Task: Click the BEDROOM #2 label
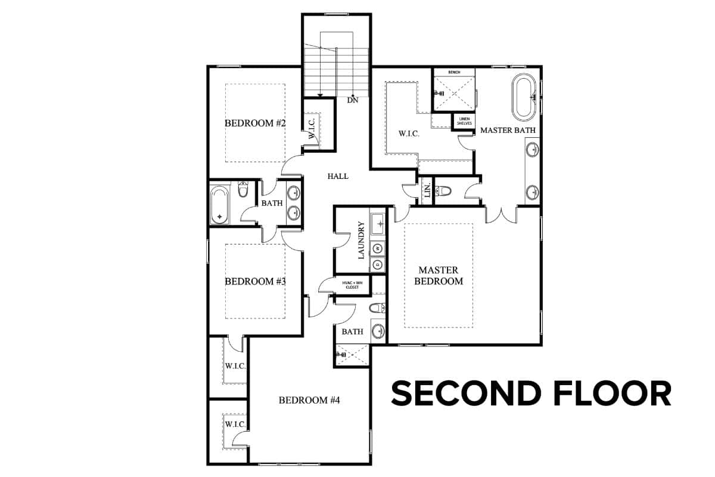(255, 123)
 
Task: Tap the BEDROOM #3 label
(255, 281)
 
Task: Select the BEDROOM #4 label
(309, 400)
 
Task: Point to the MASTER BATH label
(508, 131)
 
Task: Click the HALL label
(338, 176)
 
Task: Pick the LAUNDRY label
(361, 240)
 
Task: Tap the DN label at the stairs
(353, 100)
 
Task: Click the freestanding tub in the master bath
(524, 97)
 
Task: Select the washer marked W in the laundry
(378, 248)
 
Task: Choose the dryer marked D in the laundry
(378, 265)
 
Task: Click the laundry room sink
(378, 224)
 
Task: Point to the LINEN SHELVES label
(464, 121)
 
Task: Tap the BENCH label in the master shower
(454, 73)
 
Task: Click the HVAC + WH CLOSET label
(352, 285)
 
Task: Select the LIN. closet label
(427, 191)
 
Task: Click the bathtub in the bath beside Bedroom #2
(220, 205)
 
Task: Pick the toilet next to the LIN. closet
(443, 191)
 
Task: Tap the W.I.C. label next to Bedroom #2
(312, 128)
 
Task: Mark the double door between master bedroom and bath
(501, 215)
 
